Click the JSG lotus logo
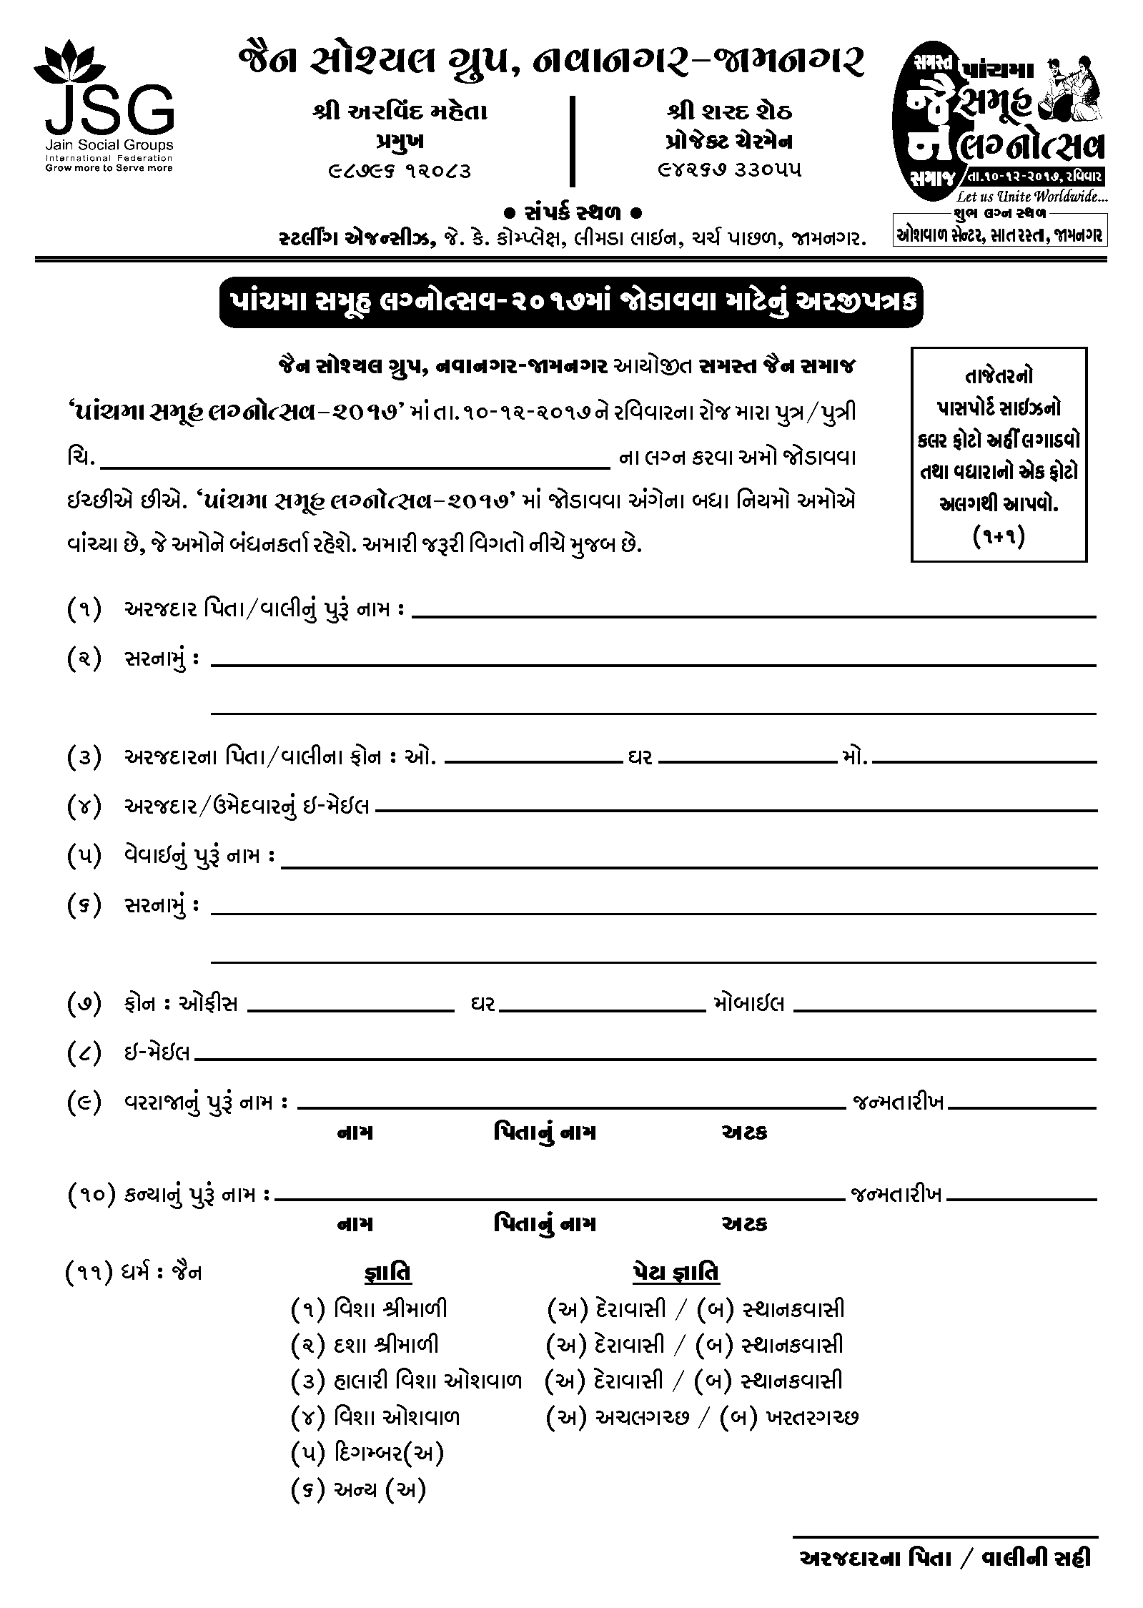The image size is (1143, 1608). click(x=104, y=107)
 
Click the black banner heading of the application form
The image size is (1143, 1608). click(x=570, y=302)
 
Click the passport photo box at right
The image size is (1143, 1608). click(x=999, y=455)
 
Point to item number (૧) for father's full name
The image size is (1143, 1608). click(x=84, y=610)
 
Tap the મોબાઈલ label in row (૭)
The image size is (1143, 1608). click(x=749, y=1004)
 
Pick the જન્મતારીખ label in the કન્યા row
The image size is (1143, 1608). click(x=896, y=1194)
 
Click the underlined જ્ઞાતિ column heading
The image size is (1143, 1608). click(x=384, y=1273)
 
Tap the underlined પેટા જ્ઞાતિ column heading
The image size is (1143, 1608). click(x=676, y=1273)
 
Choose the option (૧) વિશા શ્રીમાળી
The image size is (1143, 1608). click(x=370, y=1309)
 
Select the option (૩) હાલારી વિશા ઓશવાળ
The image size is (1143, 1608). click(x=406, y=1381)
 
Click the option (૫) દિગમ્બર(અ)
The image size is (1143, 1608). click(x=368, y=1452)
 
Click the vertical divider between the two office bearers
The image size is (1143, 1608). click(x=572, y=142)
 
